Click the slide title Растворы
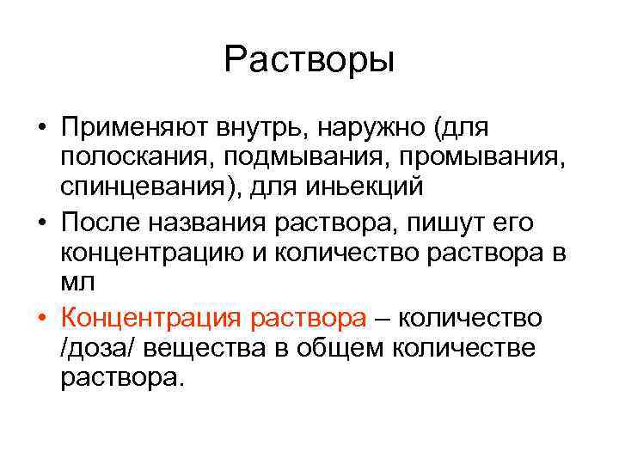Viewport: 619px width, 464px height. click(x=309, y=61)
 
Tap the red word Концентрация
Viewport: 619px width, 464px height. click(x=152, y=318)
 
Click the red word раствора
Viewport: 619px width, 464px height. click(x=309, y=318)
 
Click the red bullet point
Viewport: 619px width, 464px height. click(x=41, y=318)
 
